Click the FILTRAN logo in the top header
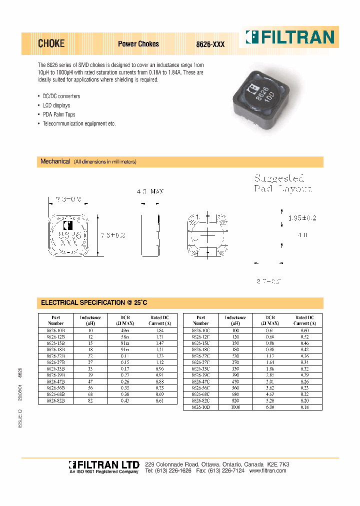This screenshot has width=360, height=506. (289, 37)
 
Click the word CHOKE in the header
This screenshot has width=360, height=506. (51, 44)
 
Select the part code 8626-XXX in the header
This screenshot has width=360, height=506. (210, 44)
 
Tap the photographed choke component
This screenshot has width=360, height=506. (259, 95)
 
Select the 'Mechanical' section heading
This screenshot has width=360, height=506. (55, 162)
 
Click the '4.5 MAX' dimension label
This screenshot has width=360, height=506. (150, 191)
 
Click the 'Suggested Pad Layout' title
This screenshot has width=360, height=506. (282, 183)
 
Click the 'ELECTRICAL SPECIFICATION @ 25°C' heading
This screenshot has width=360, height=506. (94, 303)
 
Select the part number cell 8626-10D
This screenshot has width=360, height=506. (200, 407)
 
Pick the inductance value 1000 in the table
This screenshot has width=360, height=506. (235, 407)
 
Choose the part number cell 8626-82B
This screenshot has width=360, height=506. (55, 401)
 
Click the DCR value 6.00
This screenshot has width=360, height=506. (270, 407)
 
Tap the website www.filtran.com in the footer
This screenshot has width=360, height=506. (267, 471)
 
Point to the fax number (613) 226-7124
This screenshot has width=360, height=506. (228, 471)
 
